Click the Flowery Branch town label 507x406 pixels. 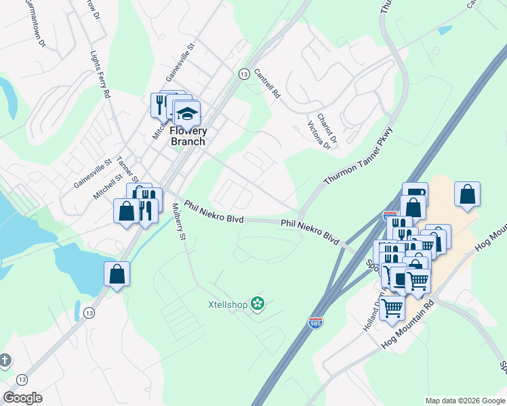tap(187, 136)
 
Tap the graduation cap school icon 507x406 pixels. tap(187, 112)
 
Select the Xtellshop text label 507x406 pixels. tap(228, 304)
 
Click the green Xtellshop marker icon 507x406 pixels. tap(257, 304)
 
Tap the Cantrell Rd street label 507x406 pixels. tap(267, 84)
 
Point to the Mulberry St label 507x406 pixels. tap(178, 222)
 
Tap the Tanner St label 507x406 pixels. tap(127, 170)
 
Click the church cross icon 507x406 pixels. tap(5, 360)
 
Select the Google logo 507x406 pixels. tap(22, 398)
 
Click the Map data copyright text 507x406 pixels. tap(464, 401)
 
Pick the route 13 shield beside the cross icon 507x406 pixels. tap(22, 380)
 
